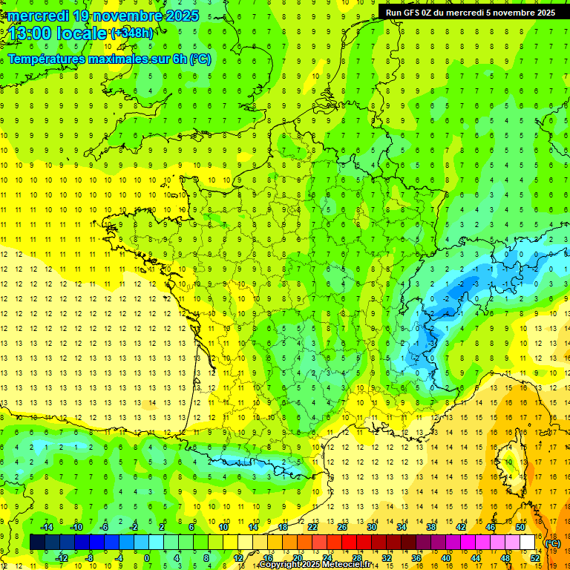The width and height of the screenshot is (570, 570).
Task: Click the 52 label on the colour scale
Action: click(535, 557)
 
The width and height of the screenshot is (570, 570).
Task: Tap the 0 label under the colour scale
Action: click(147, 557)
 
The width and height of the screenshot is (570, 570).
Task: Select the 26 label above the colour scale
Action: click(341, 527)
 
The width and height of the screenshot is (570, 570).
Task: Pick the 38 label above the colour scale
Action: click(430, 527)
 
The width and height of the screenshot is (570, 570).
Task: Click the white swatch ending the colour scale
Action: click(528, 543)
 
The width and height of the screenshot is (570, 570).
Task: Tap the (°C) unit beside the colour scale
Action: click(552, 543)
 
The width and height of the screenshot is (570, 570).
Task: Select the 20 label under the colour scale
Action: click(297, 557)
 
